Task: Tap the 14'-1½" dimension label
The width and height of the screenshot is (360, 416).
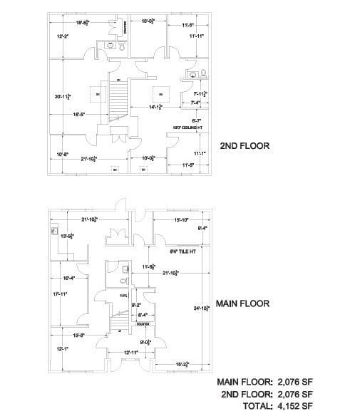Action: tap(156, 108)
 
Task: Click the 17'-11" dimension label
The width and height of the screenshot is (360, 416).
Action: tap(62, 293)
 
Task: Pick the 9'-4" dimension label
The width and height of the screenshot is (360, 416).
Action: tap(202, 228)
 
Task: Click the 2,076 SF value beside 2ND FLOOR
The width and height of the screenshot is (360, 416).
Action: tap(294, 394)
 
